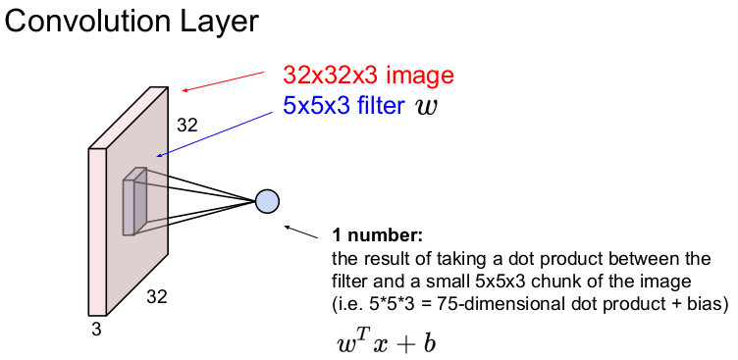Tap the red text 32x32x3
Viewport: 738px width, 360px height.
click(332, 75)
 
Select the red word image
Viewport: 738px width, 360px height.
click(420, 76)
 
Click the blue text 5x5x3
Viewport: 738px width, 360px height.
click(316, 106)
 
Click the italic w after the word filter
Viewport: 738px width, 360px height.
click(427, 108)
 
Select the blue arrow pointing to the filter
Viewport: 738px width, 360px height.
click(215, 134)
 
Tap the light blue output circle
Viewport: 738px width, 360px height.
click(267, 201)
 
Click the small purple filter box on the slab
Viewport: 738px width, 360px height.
click(135, 201)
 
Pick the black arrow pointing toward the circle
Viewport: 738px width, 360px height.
click(300, 232)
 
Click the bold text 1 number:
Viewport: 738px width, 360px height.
click(378, 234)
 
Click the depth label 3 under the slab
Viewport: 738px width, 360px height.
click(96, 330)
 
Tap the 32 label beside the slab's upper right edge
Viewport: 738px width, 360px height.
click(186, 126)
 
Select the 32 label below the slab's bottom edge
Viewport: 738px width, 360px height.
click(157, 297)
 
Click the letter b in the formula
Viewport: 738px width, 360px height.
click(429, 343)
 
